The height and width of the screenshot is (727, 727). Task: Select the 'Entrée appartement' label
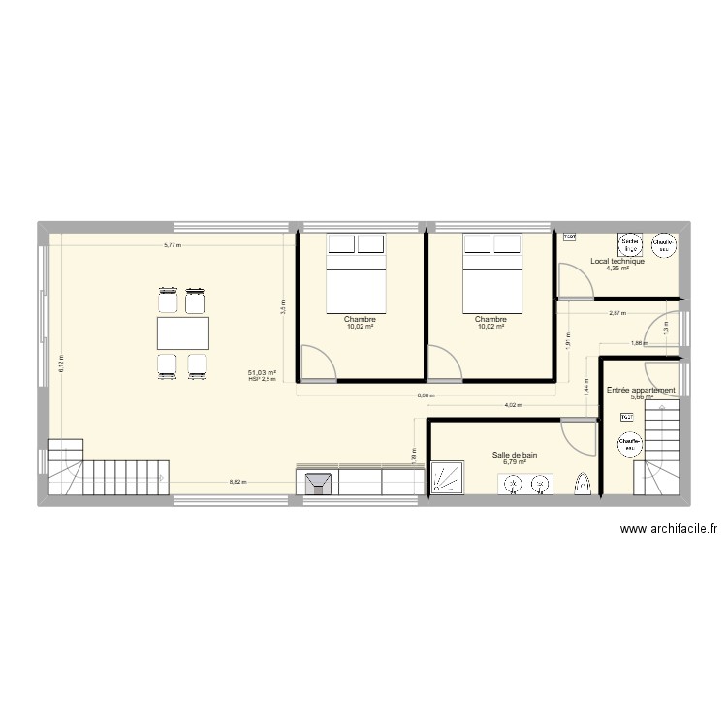pos(641,390)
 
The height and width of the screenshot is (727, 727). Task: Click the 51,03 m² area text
pos(262,372)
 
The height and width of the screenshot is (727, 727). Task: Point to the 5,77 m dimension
pos(172,245)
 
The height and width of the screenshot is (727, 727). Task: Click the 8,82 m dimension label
pos(237,482)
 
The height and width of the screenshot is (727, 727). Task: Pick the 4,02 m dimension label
pos(513,405)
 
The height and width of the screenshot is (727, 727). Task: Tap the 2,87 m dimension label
pos(616,313)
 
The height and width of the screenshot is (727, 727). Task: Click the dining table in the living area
pos(183,333)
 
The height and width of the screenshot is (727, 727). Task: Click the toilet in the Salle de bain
pos(583,485)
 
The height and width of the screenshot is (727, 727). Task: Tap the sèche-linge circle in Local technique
pos(630,244)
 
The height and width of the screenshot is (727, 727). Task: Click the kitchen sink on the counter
pos(319,484)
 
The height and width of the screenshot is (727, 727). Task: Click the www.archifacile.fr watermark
pos(670,529)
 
